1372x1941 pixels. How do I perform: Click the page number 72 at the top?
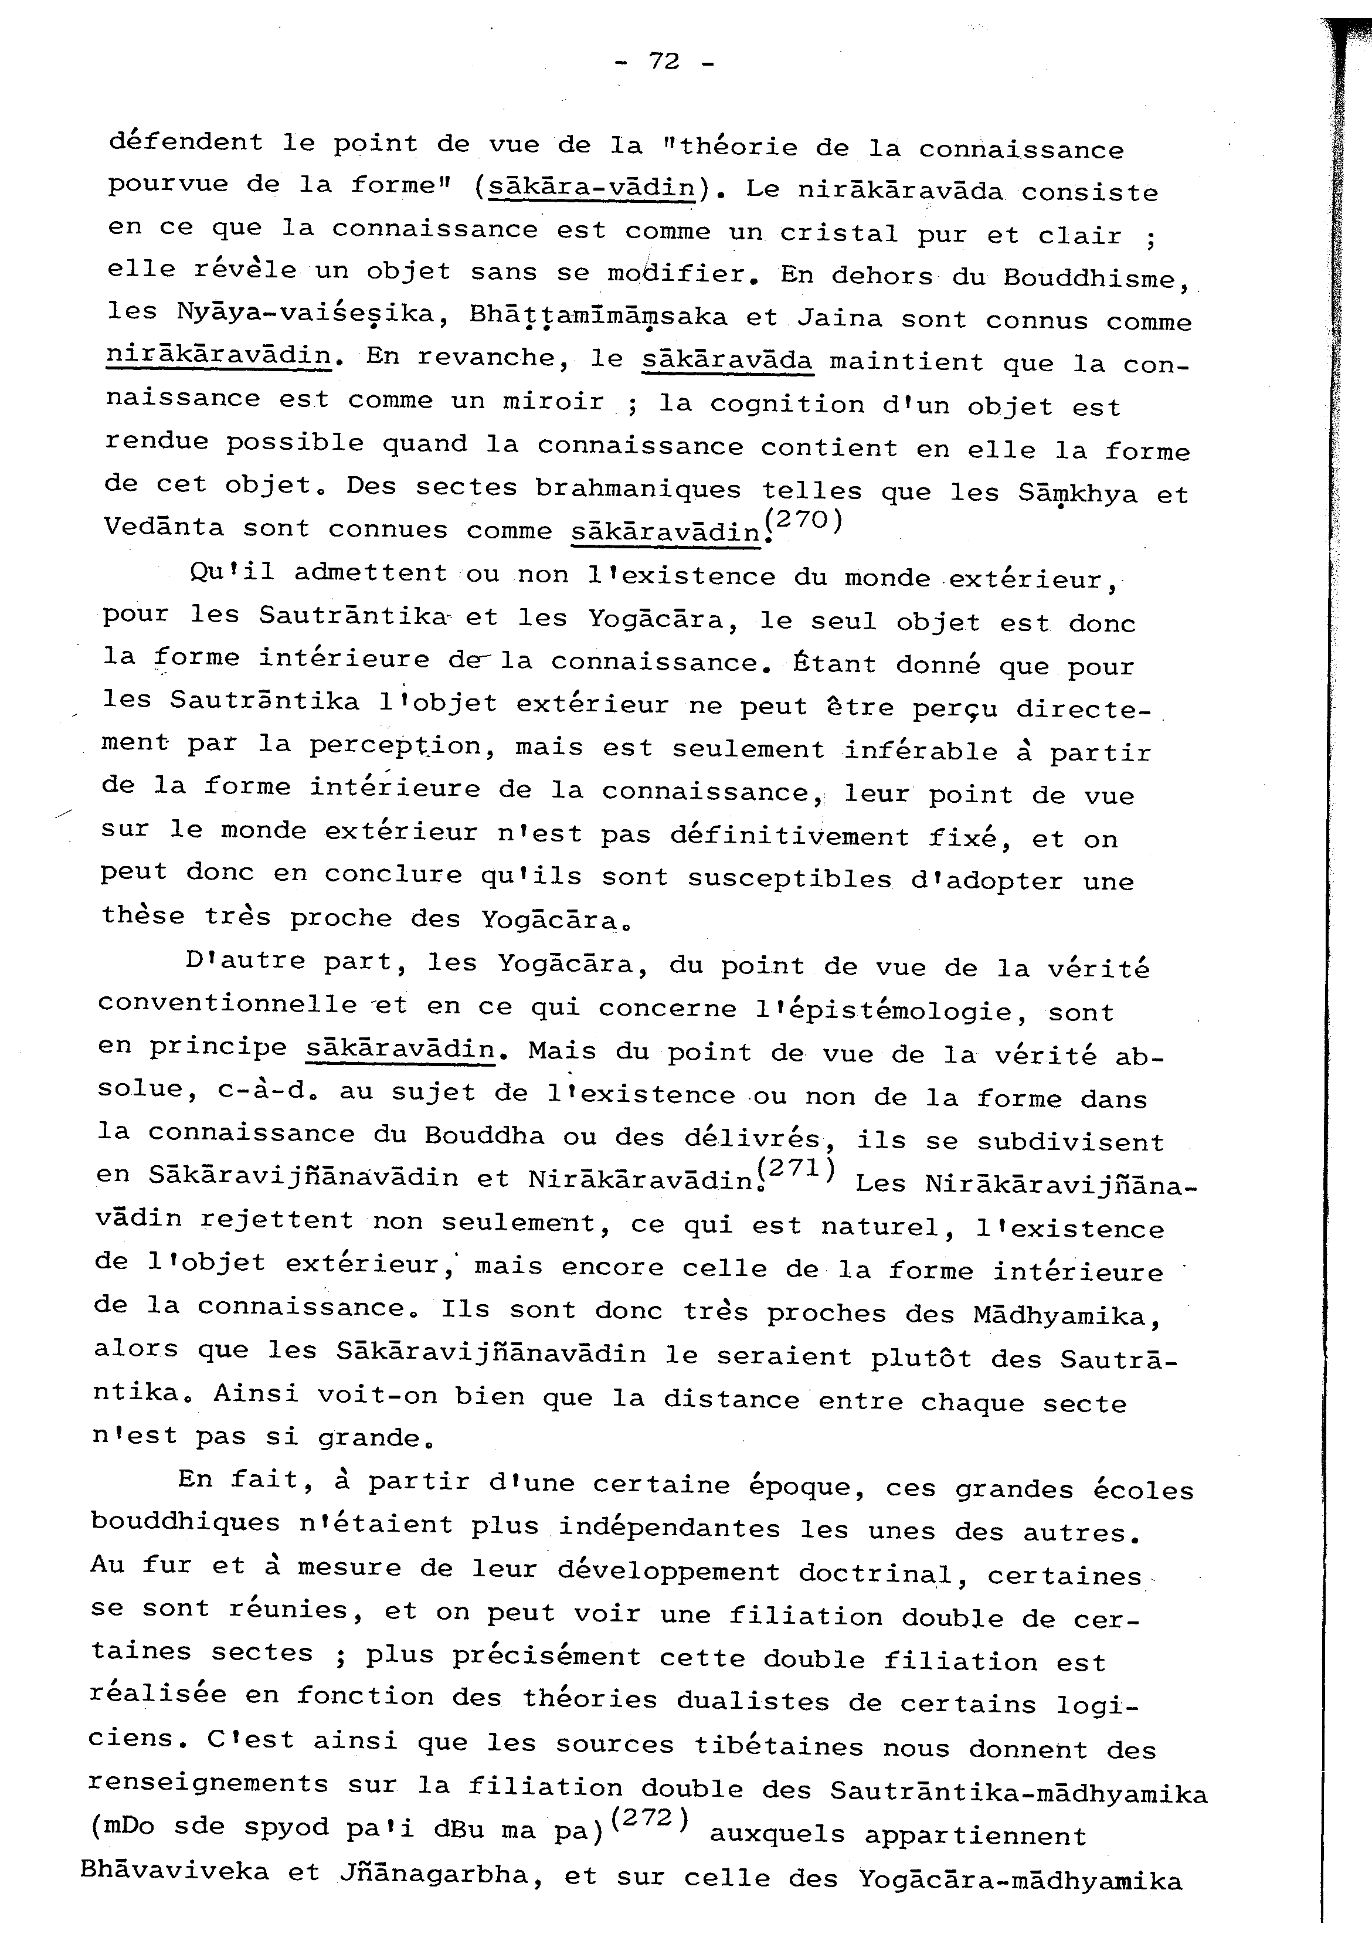click(664, 61)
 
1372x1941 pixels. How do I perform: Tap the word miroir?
click(553, 402)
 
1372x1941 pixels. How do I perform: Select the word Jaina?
click(840, 318)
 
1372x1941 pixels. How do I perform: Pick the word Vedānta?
click(164, 528)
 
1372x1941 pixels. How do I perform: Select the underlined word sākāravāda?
click(727, 359)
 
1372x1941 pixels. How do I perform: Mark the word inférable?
click(922, 750)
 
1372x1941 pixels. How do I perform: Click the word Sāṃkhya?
click(1078, 492)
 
